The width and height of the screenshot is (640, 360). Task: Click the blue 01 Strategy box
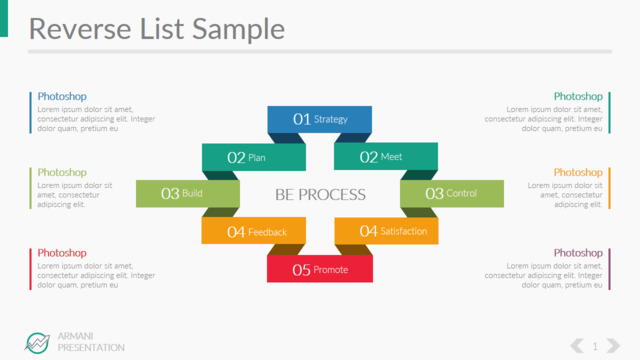click(320, 119)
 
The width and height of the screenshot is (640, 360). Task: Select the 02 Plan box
click(254, 157)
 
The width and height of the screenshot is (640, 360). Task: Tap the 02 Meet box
click(386, 156)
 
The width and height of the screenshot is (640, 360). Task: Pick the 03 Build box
click(188, 193)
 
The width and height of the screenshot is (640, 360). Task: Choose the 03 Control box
click(452, 193)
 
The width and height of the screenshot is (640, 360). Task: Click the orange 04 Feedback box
click(253, 231)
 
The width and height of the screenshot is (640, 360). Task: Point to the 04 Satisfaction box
click(387, 231)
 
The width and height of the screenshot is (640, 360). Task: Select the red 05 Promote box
click(320, 269)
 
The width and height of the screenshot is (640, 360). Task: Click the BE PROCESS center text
click(320, 195)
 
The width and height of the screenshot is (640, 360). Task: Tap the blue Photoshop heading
click(62, 96)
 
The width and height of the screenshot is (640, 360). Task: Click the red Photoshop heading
click(62, 253)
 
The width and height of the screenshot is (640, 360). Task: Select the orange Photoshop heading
click(578, 172)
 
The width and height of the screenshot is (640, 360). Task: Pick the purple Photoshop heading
click(578, 253)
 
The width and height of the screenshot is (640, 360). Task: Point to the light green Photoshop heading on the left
click(62, 172)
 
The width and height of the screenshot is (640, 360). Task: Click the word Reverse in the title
click(80, 29)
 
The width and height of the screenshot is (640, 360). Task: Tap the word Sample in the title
click(238, 30)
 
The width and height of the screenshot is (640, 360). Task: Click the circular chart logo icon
click(37, 343)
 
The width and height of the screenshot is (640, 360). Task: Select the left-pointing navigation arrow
click(577, 346)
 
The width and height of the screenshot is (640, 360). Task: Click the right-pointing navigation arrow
click(613, 346)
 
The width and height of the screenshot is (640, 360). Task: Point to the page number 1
click(595, 347)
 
